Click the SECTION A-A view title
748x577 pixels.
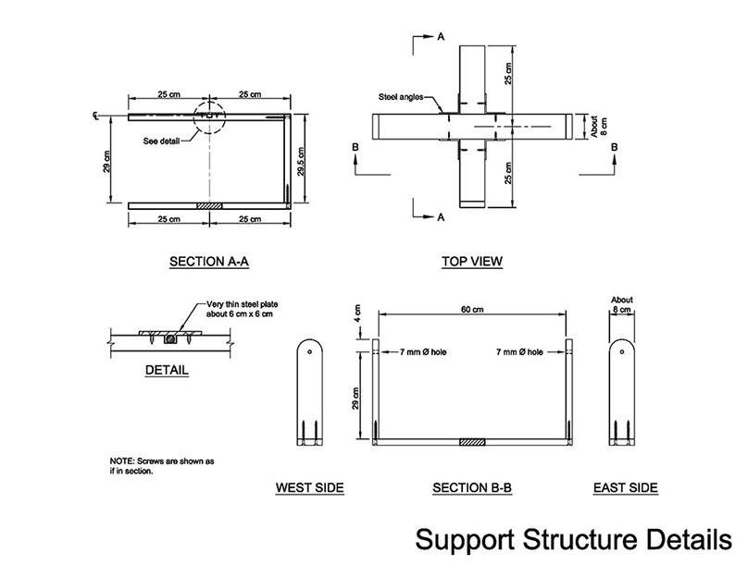[x=209, y=262]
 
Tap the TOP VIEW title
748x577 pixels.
[x=472, y=262]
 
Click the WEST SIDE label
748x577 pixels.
[x=310, y=487]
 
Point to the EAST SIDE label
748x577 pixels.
[x=625, y=487]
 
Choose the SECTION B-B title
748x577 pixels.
[x=472, y=487]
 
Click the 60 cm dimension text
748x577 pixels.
[x=472, y=310]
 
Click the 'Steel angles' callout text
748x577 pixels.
[x=401, y=96]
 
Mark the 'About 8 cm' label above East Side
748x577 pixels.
[x=623, y=305]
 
